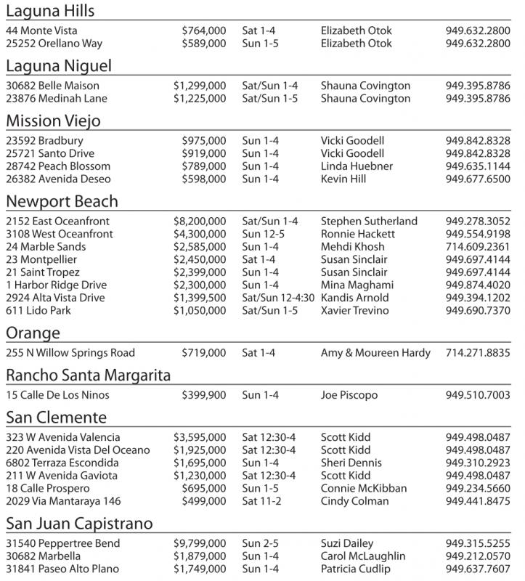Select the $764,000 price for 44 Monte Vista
click(x=204, y=31)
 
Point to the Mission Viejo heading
click(x=53, y=121)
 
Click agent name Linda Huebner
click(x=357, y=166)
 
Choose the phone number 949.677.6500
click(x=478, y=179)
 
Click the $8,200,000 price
click(x=200, y=221)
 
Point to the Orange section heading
click(x=33, y=333)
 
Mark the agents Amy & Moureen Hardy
click(x=375, y=353)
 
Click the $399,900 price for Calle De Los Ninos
click(x=204, y=395)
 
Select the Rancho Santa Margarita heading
click(x=88, y=375)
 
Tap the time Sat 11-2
click(x=264, y=501)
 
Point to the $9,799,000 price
click(x=200, y=543)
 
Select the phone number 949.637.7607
click(x=478, y=569)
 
